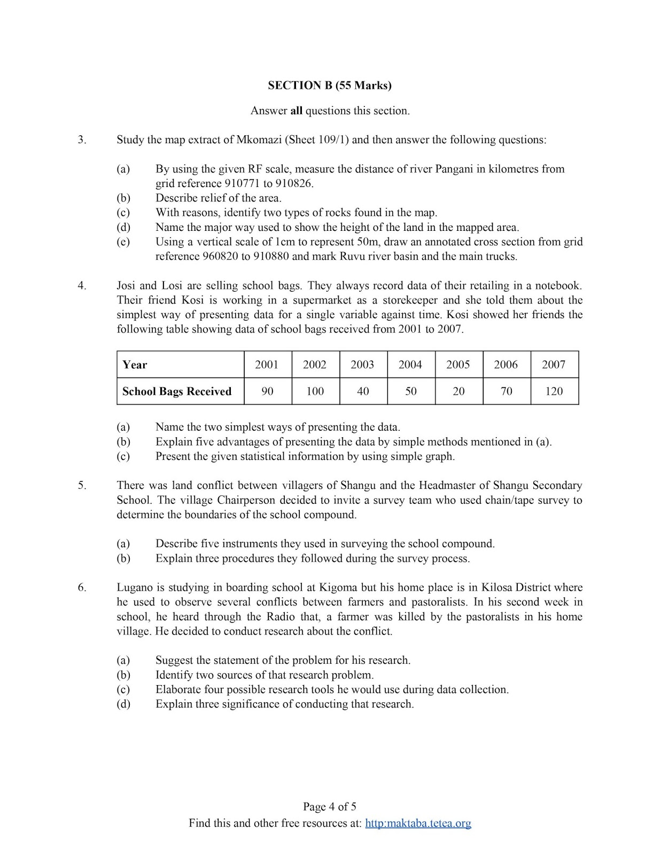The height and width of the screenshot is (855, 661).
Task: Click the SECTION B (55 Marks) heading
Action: point(330,85)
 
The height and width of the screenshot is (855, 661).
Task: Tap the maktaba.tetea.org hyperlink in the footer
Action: point(418,823)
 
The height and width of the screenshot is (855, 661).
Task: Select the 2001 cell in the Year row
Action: point(267,364)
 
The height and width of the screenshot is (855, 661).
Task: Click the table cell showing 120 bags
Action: point(554,391)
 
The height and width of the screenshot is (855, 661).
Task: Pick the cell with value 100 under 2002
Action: point(315,391)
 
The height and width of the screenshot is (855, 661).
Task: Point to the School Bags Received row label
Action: point(177,391)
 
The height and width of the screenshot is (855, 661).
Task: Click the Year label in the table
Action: point(135,364)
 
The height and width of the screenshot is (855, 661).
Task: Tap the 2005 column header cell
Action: point(458,364)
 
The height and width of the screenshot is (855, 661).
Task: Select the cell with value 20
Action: point(458,391)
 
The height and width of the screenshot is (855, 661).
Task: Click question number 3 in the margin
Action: point(82,140)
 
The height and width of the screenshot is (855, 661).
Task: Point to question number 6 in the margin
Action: point(82,587)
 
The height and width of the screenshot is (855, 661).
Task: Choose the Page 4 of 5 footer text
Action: point(330,806)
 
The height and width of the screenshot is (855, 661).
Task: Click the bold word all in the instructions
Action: point(296,111)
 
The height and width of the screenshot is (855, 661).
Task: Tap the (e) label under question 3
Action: point(123,242)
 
